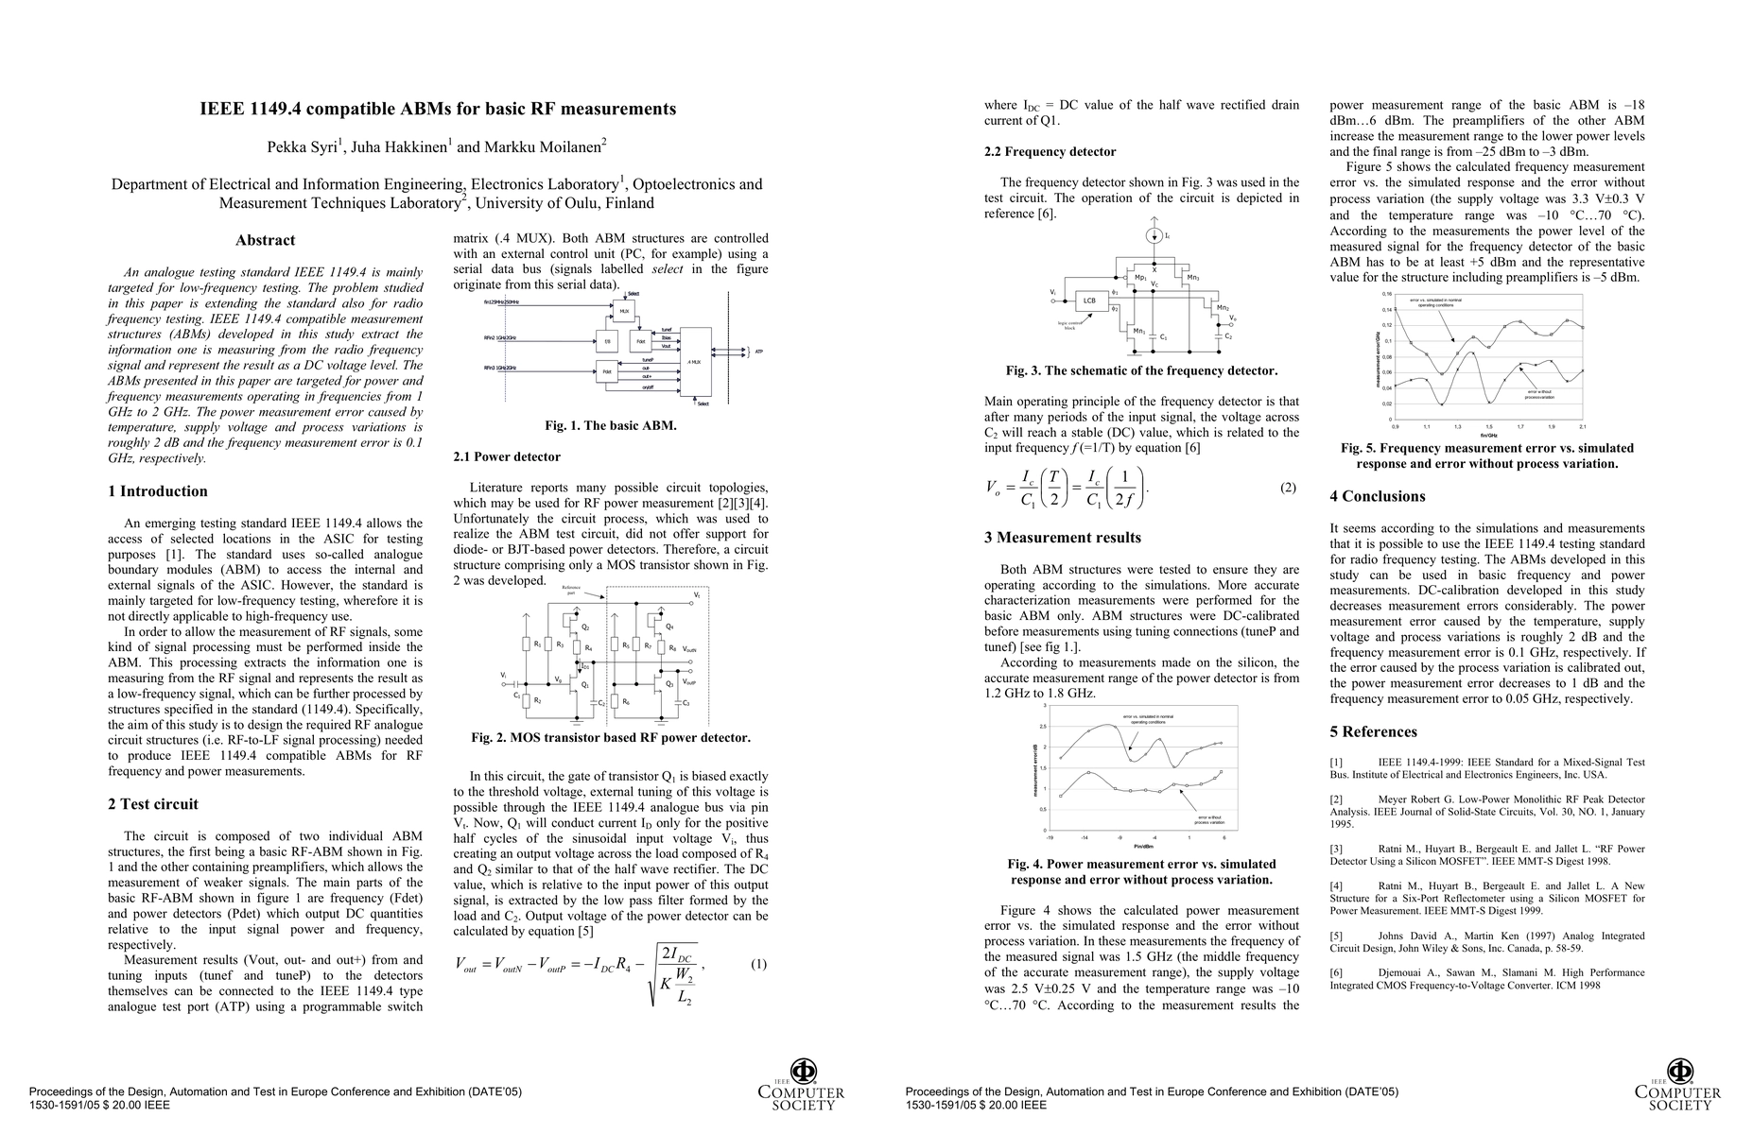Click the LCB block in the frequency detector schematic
(1089, 301)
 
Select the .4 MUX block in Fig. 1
(695, 361)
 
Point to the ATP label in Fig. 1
(758, 351)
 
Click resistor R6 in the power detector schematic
(615, 701)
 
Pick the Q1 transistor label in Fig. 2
(586, 684)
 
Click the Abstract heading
(265, 240)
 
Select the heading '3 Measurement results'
(1063, 538)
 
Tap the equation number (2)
(1288, 488)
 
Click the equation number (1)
(758, 964)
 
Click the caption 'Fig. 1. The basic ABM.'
(610, 425)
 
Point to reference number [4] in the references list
(1336, 885)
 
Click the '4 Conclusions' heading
(1377, 496)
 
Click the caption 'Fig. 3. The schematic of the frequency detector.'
(1141, 370)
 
